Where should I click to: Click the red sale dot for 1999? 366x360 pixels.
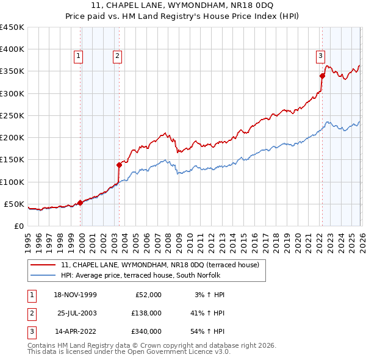click(81, 203)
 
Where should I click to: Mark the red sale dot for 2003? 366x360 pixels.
click(120, 165)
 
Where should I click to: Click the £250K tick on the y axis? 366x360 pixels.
click(12, 115)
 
